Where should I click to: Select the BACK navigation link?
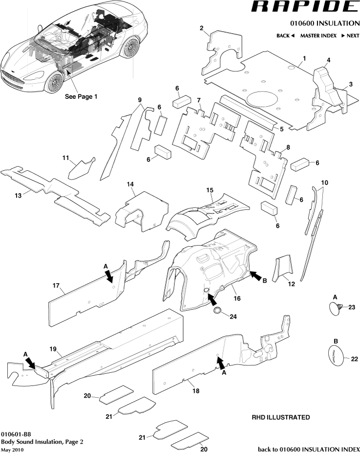tap(285, 36)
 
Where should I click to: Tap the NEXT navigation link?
tap(350, 36)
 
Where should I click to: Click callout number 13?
tap(18, 195)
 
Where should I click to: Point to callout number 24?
tap(233, 317)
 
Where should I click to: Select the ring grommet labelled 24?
tap(217, 311)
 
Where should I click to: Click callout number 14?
tap(130, 184)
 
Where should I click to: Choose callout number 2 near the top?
tap(201, 28)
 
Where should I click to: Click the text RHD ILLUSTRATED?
tap(280, 417)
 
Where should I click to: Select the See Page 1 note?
tap(81, 96)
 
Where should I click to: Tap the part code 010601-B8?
tap(16, 434)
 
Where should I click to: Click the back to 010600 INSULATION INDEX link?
tap(309, 449)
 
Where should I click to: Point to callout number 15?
tap(210, 189)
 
